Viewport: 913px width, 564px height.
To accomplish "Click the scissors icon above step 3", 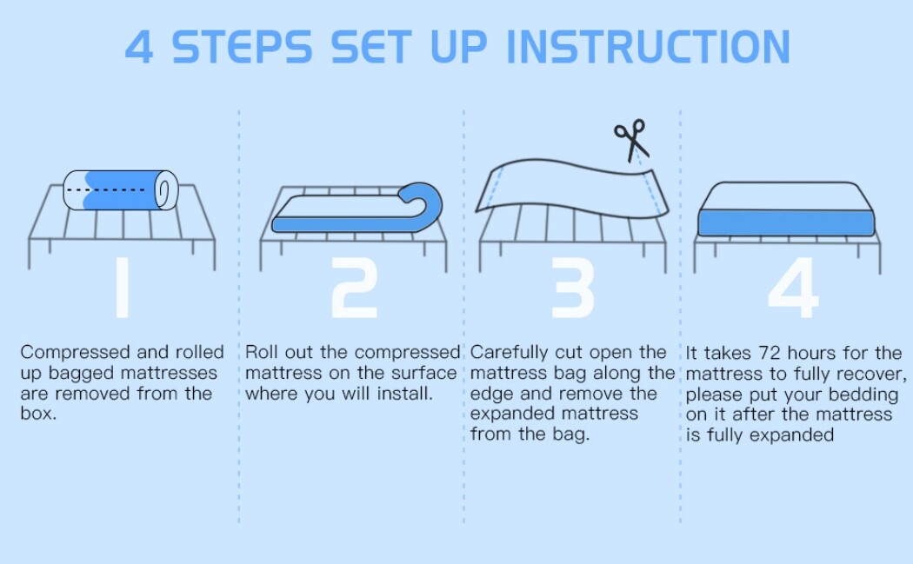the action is tap(631, 139).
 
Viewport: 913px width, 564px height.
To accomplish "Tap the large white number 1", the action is tap(122, 288).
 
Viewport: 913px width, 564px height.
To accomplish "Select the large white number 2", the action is tap(354, 288).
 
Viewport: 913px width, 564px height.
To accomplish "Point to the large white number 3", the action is tap(573, 288).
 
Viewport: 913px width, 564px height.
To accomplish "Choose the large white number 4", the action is tap(793, 288).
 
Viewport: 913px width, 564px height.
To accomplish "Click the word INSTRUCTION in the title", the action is tap(649, 47).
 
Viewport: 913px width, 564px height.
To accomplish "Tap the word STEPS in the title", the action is tap(243, 47).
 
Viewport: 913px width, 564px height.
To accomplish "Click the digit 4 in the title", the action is tap(139, 47).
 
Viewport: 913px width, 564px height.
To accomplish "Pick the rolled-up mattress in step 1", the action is tap(121, 190).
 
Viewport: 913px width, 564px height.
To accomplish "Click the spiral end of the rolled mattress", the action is tap(167, 190).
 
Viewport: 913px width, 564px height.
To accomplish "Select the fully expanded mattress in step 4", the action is tap(786, 209).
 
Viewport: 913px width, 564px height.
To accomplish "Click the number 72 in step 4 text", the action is tap(770, 353).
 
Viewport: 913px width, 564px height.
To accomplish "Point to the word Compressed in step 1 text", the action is tap(75, 352).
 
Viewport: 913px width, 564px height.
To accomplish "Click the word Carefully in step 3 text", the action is tap(509, 352).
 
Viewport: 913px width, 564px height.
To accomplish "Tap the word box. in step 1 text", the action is tap(38, 414).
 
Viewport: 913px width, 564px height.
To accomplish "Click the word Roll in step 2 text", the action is tap(262, 352).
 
